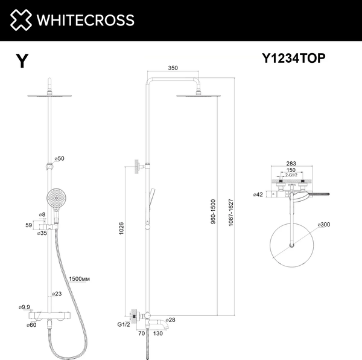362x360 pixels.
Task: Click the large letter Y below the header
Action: click(22, 62)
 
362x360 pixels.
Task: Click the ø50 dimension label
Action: click(59, 158)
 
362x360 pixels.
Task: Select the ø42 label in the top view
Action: click(259, 194)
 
